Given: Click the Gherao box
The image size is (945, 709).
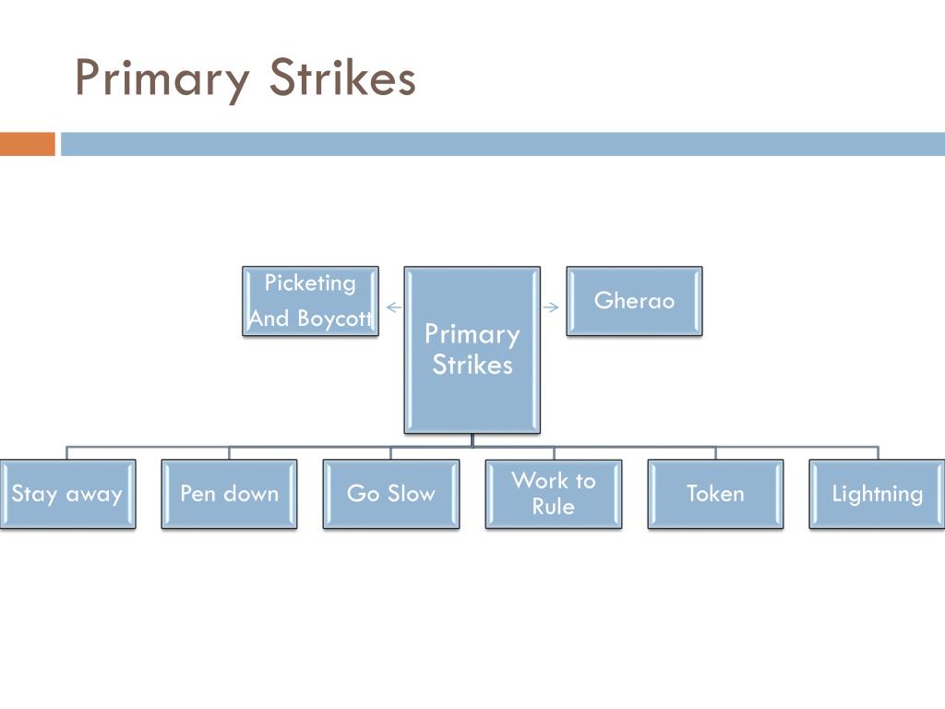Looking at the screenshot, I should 634,301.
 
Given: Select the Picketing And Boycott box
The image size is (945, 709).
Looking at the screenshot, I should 310,301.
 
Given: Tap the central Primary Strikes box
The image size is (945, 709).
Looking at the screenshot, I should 472,350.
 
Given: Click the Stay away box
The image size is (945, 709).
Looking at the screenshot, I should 67,494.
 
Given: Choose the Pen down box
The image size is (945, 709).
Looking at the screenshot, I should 229,494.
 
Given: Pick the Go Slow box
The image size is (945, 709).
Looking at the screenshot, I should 390,494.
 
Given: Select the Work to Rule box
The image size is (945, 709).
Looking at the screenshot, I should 554,494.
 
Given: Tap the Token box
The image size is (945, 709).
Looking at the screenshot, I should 715,494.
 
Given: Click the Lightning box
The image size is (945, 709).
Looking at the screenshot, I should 877,494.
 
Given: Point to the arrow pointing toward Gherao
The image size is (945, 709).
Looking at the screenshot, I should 552,307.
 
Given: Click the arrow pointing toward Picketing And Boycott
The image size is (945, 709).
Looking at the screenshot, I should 393,307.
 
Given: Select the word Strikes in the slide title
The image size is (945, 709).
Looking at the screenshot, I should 342,78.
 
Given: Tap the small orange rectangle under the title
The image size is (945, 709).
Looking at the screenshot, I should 27,144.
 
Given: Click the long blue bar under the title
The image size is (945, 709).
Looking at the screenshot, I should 503,144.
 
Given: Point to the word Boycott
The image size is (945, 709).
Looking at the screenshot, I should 333,319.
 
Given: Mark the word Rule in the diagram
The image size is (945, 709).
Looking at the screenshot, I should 554,507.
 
